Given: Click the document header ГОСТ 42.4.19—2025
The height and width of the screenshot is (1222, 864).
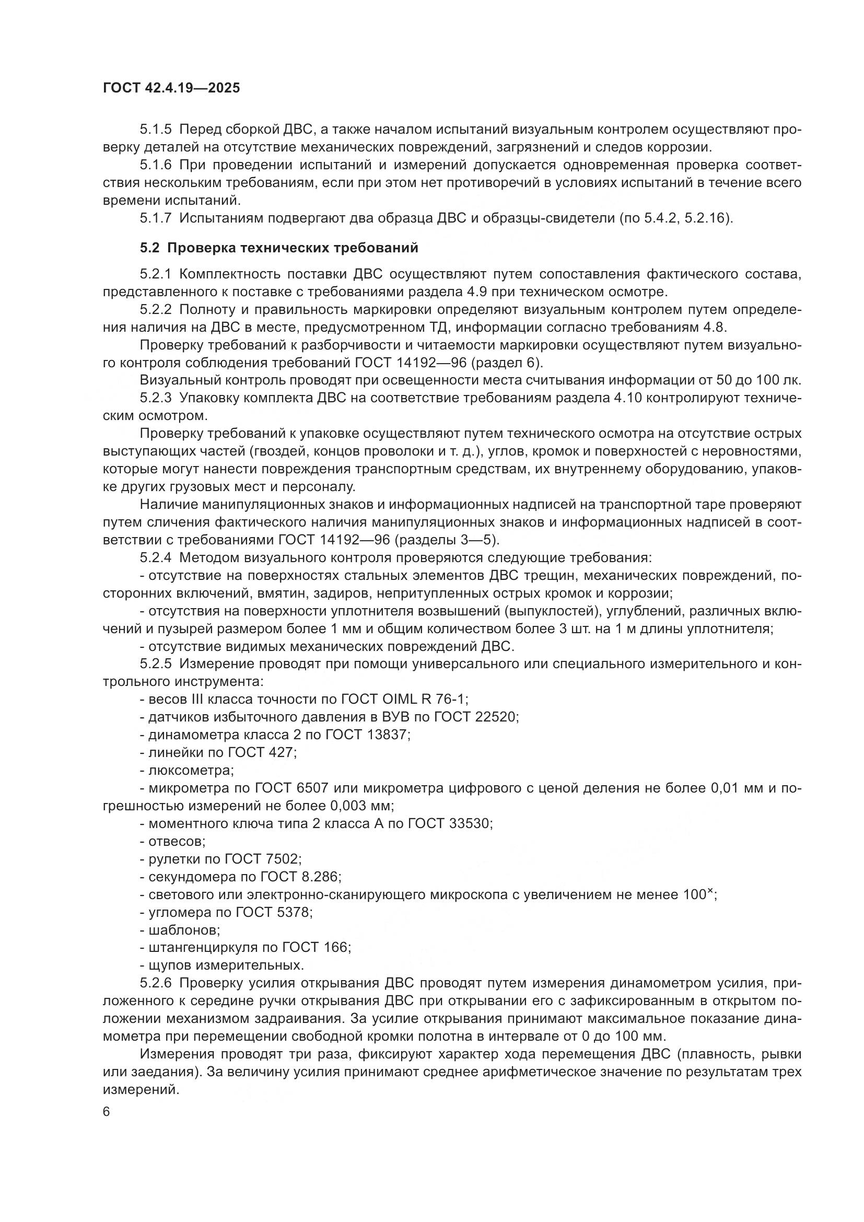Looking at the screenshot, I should coord(171,88).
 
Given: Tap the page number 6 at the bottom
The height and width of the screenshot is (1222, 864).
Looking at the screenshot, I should coord(107,1112).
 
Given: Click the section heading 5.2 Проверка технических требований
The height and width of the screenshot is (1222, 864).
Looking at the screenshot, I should coord(279,248).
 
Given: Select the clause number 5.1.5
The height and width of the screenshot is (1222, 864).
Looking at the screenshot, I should coord(156,130).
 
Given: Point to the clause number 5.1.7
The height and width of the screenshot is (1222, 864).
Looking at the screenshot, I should coord(156,218).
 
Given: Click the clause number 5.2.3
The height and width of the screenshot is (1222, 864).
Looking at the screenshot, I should coord(156,398).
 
